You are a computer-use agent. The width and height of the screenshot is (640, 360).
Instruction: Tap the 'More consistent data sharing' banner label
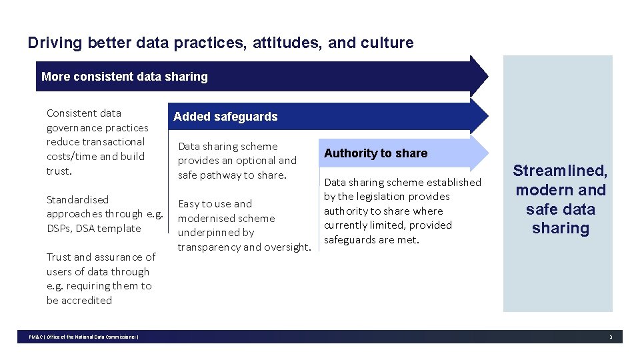tap(125, 77)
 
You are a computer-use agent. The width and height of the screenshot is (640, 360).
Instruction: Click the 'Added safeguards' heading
tap(225, 117)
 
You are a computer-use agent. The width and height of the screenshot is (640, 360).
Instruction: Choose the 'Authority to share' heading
tap(375, 153)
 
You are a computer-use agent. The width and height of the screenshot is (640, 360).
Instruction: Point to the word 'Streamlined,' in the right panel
tap(560, 171)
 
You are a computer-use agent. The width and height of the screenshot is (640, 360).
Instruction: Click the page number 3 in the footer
tap(611, 337)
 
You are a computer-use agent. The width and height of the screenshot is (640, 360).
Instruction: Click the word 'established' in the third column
tap(452, 182)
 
